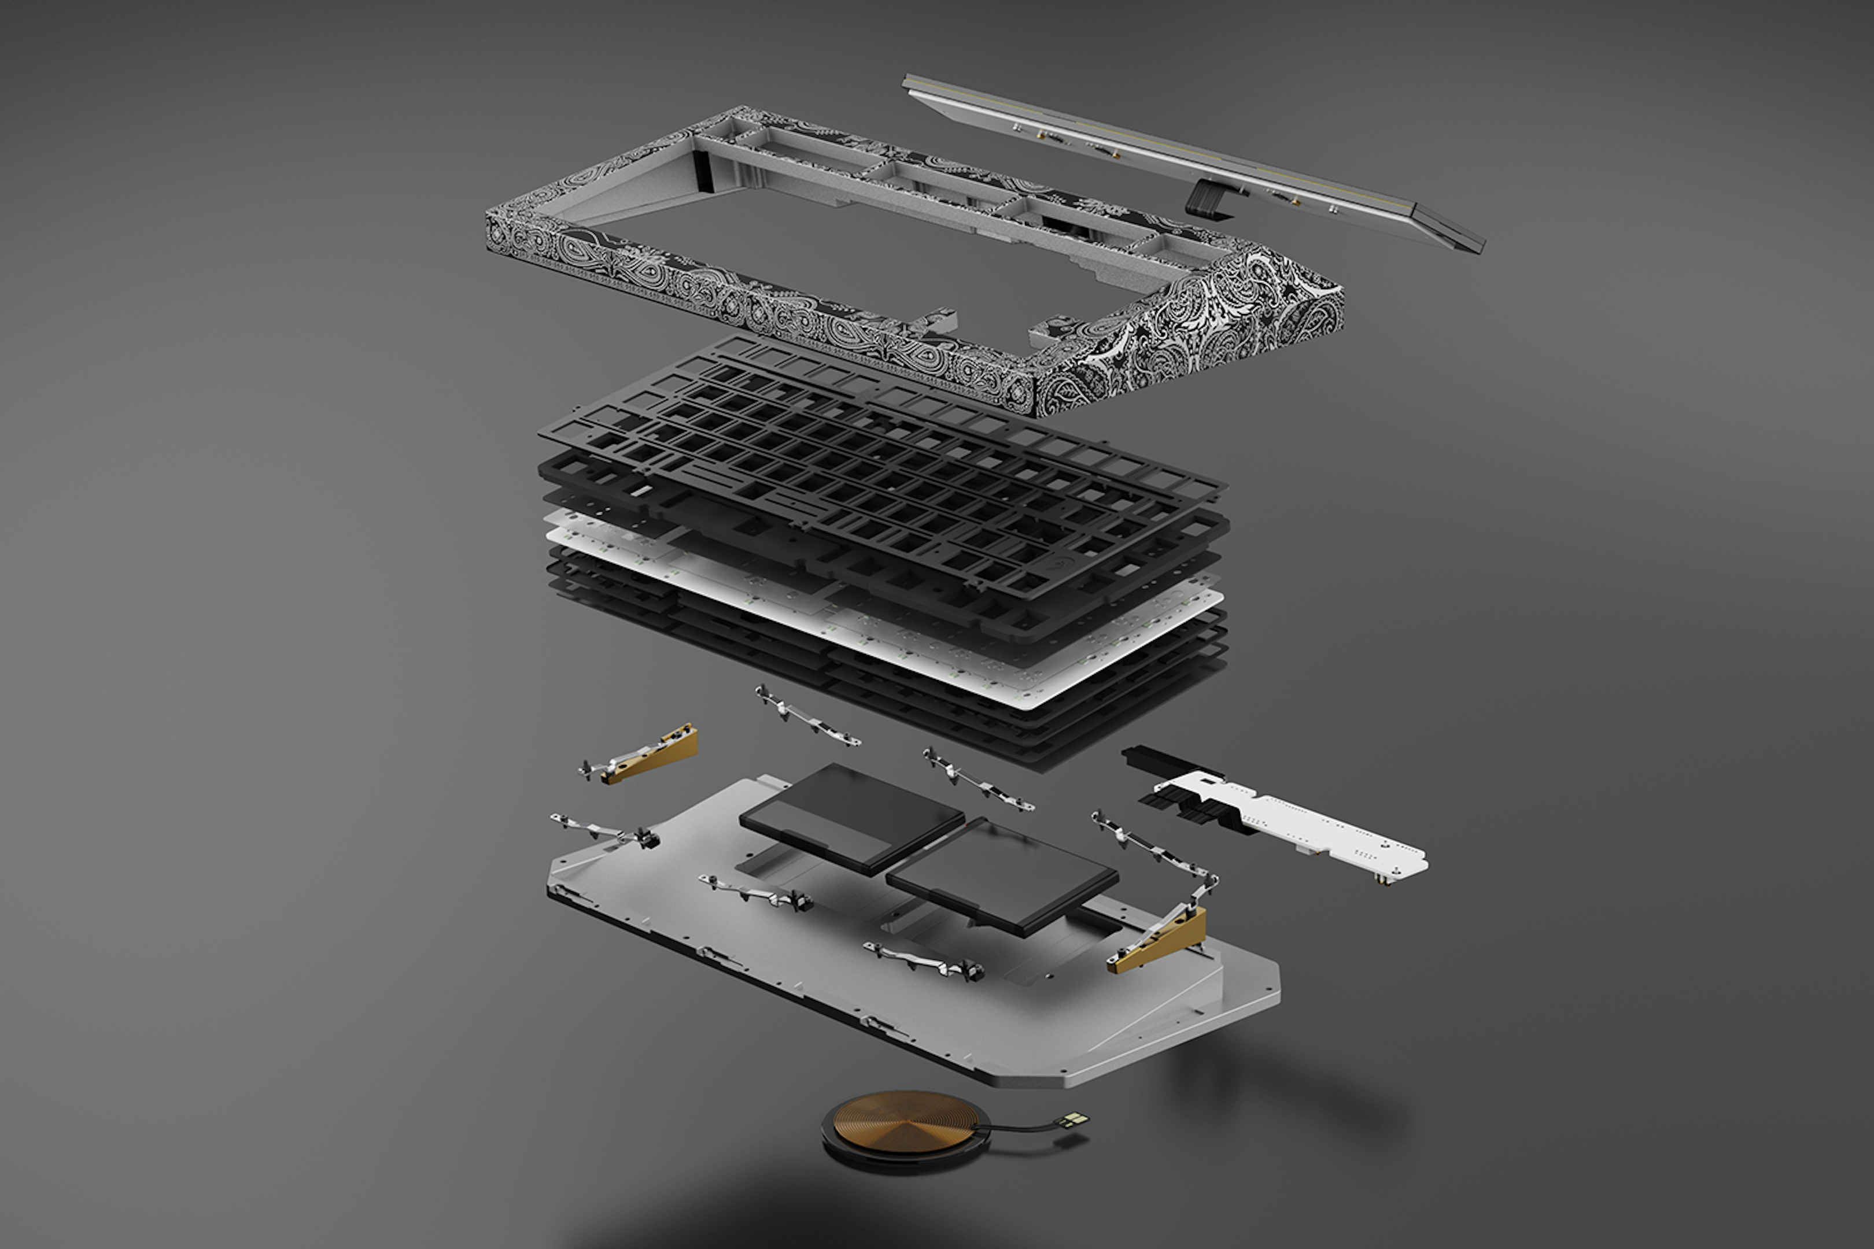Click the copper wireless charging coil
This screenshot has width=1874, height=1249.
tap(901, 1123)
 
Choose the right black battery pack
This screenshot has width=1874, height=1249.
tap(1002, 876)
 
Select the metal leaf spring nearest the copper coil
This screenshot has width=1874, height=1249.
tap(924, 960)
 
